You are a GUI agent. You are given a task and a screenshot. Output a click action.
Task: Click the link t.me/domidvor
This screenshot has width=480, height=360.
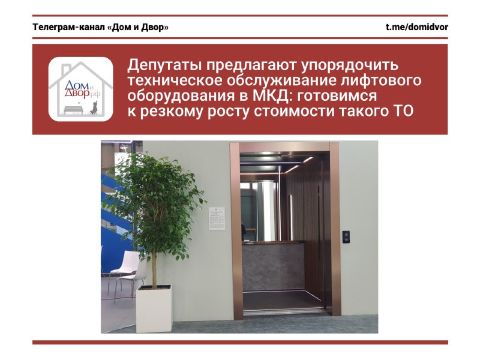[416, 27]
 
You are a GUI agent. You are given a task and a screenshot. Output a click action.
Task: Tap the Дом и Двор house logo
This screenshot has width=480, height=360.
[81, 89]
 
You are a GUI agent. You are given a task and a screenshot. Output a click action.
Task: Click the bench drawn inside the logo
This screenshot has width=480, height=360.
[73, 109]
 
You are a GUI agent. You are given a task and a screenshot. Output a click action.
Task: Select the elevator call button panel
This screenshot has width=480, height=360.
[346, 237]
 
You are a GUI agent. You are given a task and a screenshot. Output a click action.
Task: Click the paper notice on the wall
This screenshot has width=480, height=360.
[217, 218]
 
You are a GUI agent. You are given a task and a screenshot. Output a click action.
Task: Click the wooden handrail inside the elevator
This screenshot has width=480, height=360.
[274, 243]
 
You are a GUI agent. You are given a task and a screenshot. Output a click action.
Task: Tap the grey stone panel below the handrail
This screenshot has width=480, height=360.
[274, 267]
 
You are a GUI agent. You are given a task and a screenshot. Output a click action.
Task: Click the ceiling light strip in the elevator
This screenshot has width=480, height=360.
[308, 160]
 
